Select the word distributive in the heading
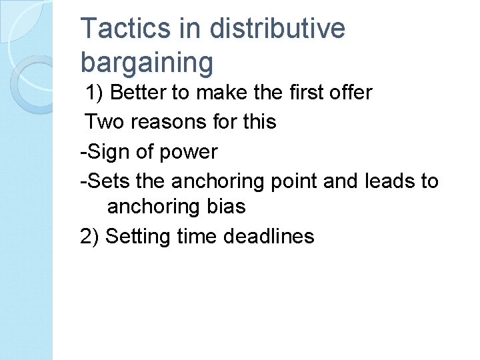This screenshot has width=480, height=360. coord(277,29)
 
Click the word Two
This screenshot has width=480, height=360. coord(101,121)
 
